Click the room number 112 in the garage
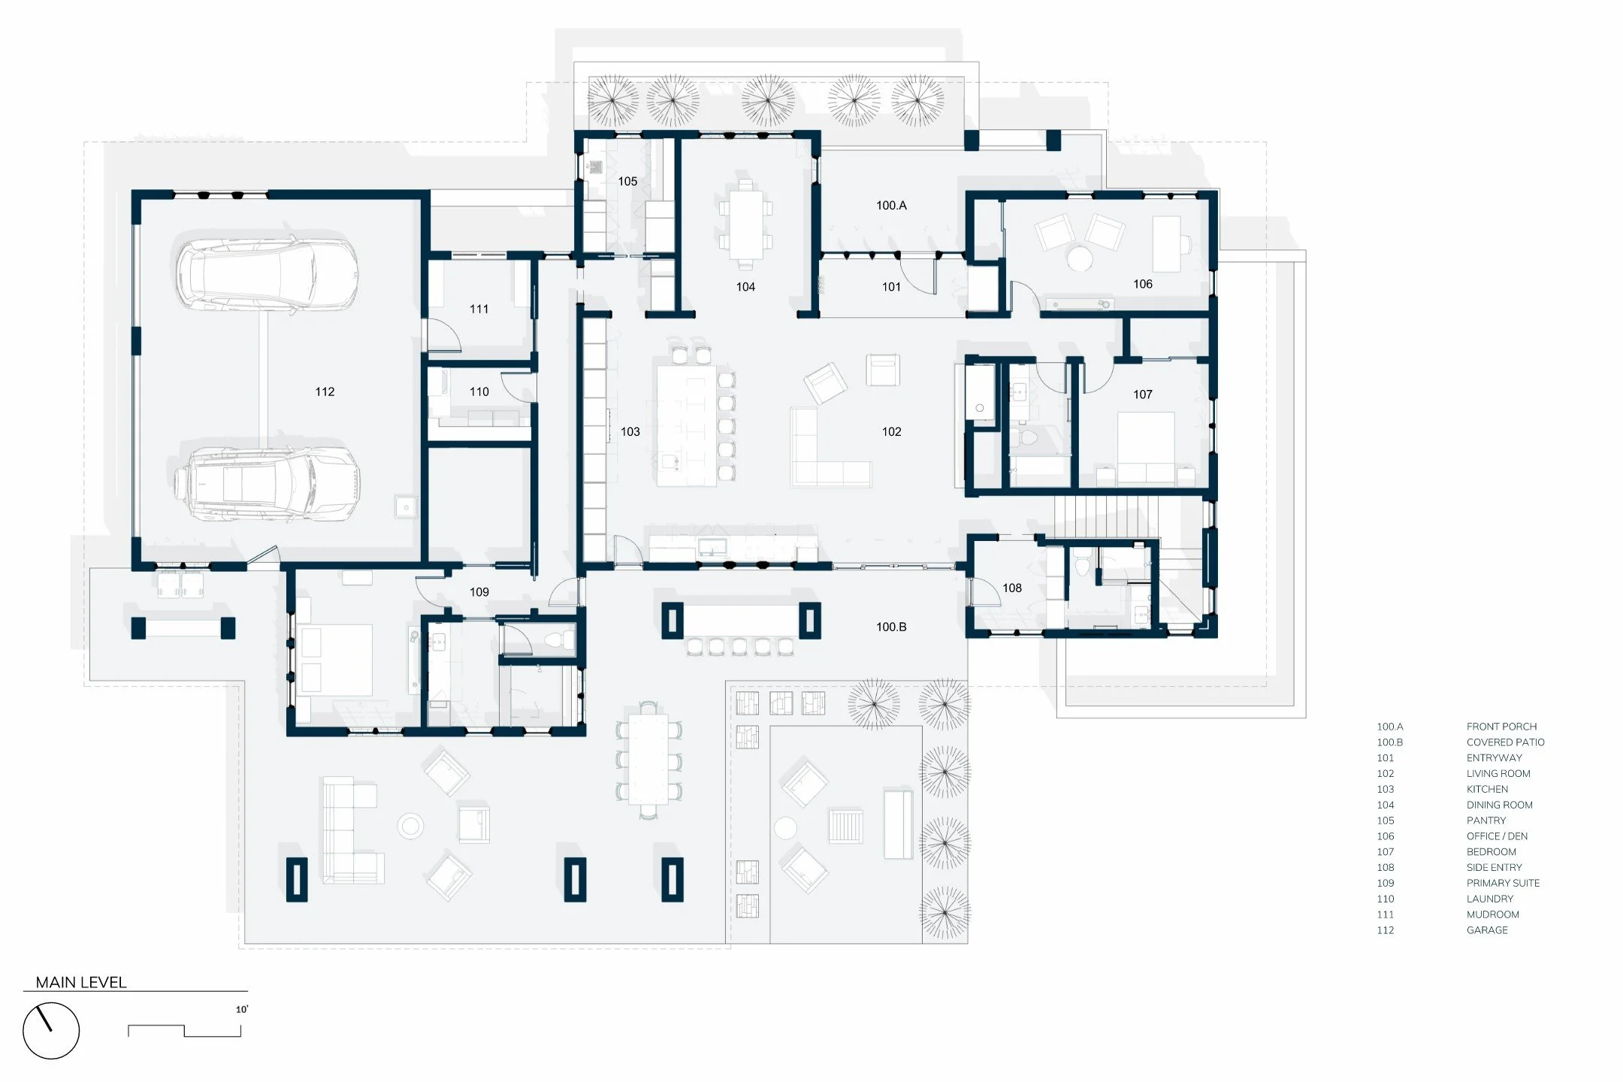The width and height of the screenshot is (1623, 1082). tap(325, 391)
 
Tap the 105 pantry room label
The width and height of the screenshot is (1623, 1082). tap(627, 181)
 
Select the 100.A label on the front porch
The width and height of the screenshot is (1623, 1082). tap(891, 205)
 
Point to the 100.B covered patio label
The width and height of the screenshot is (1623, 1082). tap(891, 627)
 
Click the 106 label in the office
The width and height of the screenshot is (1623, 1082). tap(1143, 284)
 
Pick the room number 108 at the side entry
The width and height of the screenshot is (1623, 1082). tap(1012, 588)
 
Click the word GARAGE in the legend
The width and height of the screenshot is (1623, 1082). tap(1487, 930)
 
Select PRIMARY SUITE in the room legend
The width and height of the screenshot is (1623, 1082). tap(1503, 883)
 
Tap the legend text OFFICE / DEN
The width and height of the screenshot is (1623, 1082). tap(1497, 836)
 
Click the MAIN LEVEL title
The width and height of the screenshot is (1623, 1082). tap(81, 982)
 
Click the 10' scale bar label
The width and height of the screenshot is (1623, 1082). tap(241, 1009)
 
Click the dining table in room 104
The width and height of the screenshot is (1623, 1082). tap(745, 224)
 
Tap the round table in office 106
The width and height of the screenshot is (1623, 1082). tap(1080, 259)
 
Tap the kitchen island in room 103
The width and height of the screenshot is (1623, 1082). tap(687, 425)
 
